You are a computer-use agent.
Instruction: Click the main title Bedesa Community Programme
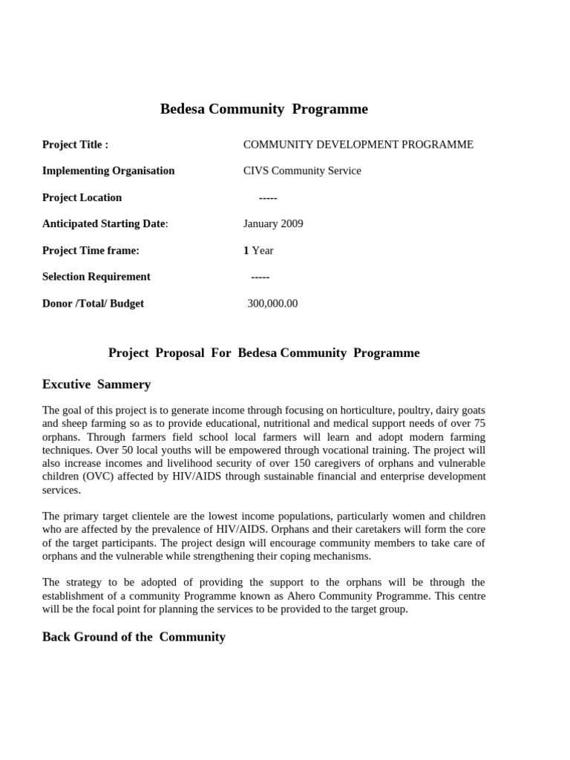point(263,109)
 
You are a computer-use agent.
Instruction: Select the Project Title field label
point(75,145)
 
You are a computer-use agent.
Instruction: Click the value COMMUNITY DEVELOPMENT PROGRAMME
point(358,145)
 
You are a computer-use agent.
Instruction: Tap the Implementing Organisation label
point(108,171)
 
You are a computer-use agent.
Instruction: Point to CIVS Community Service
point(302,171)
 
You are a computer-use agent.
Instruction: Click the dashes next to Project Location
point(268,197)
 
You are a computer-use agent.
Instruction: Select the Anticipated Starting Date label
point(105,223)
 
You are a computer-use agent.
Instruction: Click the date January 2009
point(273,223)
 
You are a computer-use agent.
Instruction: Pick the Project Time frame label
point(91,250)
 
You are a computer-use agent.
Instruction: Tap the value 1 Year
point(258,250)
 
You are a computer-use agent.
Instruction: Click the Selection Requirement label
point(96,277)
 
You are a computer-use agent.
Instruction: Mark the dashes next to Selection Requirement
point(261,277)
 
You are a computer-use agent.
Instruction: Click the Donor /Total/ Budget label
point(93,304)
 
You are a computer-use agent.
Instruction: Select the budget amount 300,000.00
point(272,304)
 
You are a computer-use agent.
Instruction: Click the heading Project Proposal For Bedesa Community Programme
point(263,353)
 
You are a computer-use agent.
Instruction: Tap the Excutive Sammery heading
point(96,384)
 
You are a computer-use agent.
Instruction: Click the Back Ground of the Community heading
point(134,637)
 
